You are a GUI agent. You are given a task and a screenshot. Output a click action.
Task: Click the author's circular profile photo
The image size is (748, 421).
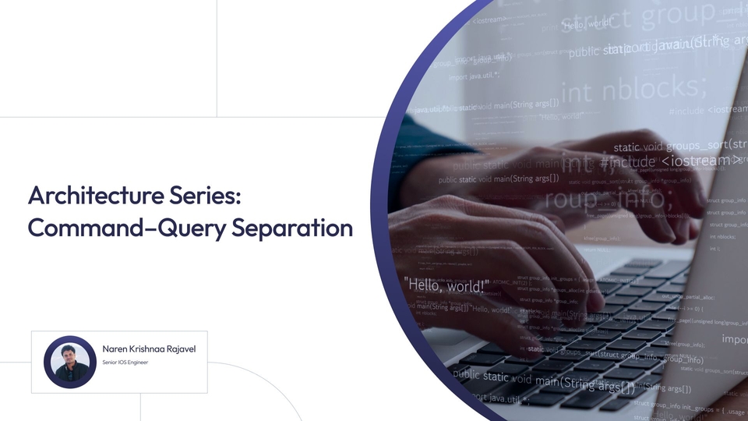[69, 362]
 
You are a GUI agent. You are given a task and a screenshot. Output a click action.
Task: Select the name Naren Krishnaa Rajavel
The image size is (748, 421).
[149, 348]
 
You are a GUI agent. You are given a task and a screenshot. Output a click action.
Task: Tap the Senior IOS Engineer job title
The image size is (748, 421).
[125, 363]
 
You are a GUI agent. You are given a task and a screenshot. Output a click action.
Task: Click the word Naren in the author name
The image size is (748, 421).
[114, 348]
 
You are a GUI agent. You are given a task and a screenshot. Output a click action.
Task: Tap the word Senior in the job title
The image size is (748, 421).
[110, 363]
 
